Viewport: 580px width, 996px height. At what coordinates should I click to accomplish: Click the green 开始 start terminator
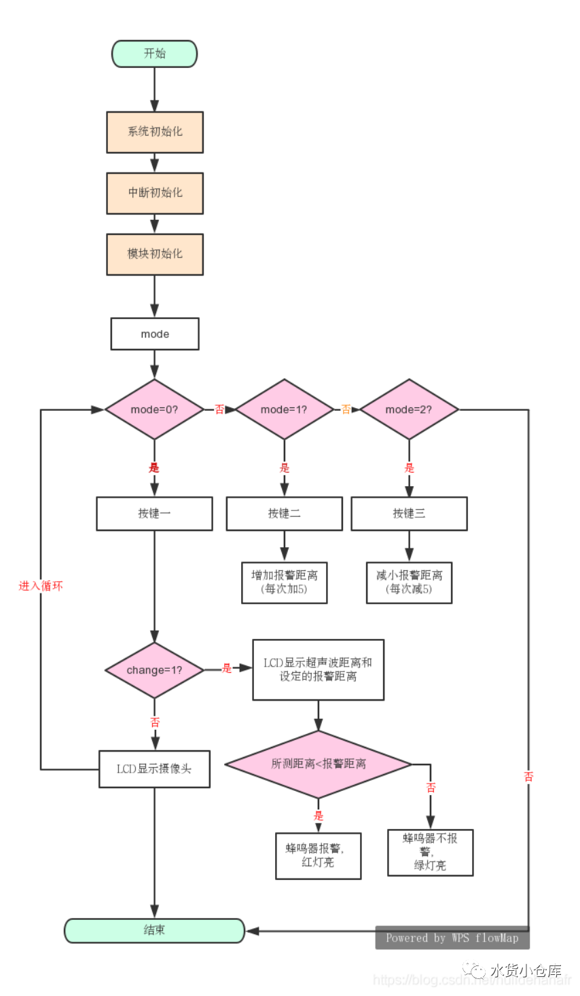(154, 54)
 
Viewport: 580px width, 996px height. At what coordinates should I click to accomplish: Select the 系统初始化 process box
(155, 132)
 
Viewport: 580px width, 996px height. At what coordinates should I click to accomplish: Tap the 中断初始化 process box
(155, 193)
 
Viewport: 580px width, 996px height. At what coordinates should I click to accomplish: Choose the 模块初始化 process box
(155, 254)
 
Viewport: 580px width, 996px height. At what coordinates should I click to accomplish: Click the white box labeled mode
(155, 334)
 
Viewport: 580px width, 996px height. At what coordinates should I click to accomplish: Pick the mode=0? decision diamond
(154, 409)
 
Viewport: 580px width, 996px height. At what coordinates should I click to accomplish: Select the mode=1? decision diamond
(284, 409)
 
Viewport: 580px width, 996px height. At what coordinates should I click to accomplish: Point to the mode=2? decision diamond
(409, 409)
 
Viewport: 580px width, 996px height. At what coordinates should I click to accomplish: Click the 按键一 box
(154, 513)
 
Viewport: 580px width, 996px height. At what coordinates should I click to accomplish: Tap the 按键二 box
(284, 513)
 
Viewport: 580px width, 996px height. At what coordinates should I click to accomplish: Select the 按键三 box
(409, 513)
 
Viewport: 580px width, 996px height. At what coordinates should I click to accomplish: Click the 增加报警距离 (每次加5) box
(284, 582)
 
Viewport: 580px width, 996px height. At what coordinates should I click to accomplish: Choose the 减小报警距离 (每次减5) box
(409, 582)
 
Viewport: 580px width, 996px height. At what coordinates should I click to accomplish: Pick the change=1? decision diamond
(154, 670)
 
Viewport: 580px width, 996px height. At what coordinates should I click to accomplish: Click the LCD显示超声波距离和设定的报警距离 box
(318, 669)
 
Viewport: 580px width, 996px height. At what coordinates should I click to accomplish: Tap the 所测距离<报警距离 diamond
(318, 764)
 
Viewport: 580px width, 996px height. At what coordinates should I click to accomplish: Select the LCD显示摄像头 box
(154, 769)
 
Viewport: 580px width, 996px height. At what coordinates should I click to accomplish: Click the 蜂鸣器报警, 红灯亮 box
(318, 855)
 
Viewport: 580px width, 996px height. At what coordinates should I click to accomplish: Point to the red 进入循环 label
(41, 586)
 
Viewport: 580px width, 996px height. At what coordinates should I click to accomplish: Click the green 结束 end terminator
(154, 930)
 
